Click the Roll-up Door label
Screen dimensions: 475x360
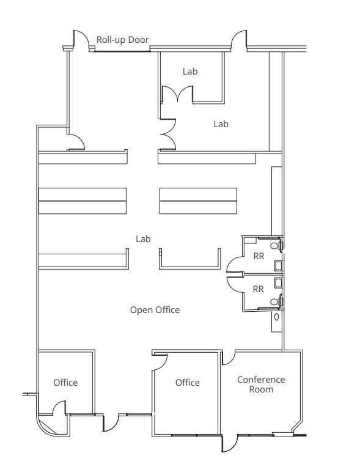pyautogui.click(x=123, y=40)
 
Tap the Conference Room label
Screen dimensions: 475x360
pyautogui.click(x=261, y=385)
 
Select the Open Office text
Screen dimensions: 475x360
pyautogui.click(x=155, y=310)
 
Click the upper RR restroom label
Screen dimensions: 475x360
pyautogui.click(x=259, y=256)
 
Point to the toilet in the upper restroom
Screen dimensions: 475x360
pyautogui.click(x=280, y=244)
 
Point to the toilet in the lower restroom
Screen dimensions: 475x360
pyautogui.click(x=280, y=301)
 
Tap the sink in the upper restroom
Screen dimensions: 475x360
pyautogui.click(x=278, y=266)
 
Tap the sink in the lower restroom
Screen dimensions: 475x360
pyautogui.click(x=278, y=282)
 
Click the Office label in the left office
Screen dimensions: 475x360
pyautogui.click(x=65, y=383)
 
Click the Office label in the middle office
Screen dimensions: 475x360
pyautogui.click(x=188, y=383)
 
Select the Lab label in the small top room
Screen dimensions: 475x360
pyautogui.click(x=190, y=72)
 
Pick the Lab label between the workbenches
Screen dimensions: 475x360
pyautogui.click(x=144, y=239)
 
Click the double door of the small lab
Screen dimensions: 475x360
pyautogui.click(x=177, y=95)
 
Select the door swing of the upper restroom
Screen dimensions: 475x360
pyautogui.click(x=234, y=264)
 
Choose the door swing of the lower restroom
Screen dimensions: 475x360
pyautogui.click(x=235, y=282)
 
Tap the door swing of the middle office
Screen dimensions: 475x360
pyautogui.click(x=160, y=361)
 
